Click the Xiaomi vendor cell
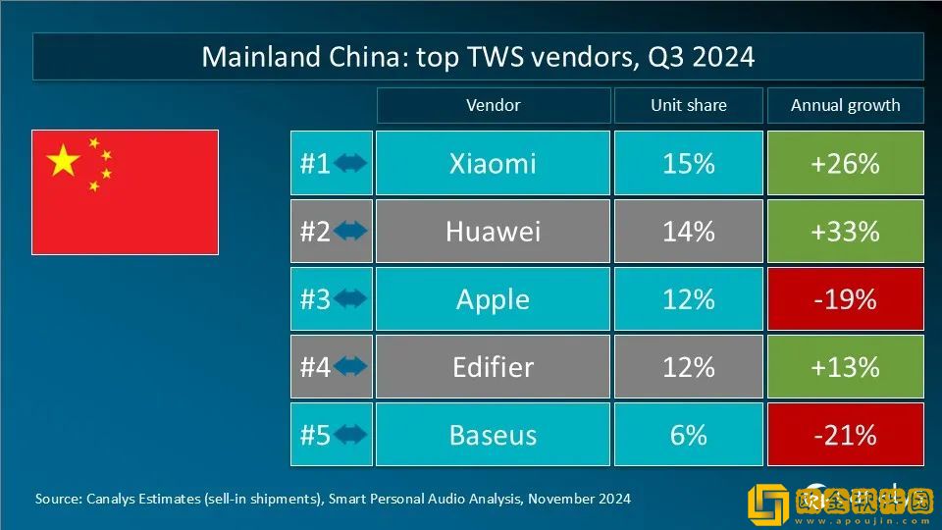click(x=493, y=163)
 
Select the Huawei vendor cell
click(x=493, y=232)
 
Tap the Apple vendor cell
click(x=493, y=299)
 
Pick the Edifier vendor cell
click(x=493, y=367)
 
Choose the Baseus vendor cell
click(x=493, y=435)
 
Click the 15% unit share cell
click(x=688, y=163)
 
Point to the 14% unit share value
click(x=688, y=232)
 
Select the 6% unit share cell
click(x=688, y=435)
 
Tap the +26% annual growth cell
click(x=845, y=163)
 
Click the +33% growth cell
click(x=845, y=232)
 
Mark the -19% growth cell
click(x=845, y=299)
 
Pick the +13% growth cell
click(x=845, y=367)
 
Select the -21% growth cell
click(x=845, y=435)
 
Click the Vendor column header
click(x=493, y=105)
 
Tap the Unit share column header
click(x=688, y=105)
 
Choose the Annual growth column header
click(x=845, y=105)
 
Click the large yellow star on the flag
click(x=64, y=160)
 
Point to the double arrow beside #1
click(x=350, y=163)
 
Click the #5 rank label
click(x=315, y=435)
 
